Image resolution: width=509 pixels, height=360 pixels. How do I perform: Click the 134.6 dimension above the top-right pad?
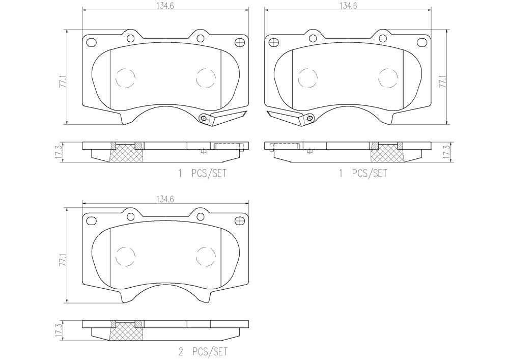[x=347, y=6]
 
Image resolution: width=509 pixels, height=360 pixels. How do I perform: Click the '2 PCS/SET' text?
[x=202, y=351]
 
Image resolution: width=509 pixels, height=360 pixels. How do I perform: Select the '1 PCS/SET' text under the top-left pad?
[x=202, y=174]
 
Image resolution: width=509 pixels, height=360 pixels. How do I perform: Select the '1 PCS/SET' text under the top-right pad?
[x=363, y=174]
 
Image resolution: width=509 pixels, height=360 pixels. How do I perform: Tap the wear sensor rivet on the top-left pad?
[x=204, y=118]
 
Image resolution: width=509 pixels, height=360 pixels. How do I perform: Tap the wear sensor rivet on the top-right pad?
[x=308, y=118]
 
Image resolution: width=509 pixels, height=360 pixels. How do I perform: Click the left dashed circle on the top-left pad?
[x=125, y=77]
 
